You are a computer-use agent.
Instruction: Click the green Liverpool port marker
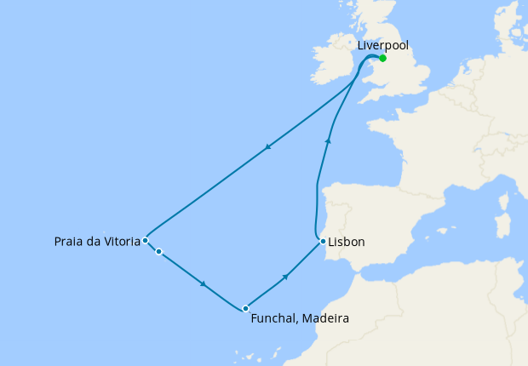383,58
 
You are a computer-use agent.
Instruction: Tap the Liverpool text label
382,44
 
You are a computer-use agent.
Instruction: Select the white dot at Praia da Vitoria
146,240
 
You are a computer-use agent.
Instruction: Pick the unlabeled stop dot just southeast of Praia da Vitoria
158,251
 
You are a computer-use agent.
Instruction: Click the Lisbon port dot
323,242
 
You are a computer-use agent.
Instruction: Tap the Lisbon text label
347,243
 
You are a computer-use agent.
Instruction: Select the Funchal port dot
245,308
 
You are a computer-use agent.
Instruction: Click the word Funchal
276,319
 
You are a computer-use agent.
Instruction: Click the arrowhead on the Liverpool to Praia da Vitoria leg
267,146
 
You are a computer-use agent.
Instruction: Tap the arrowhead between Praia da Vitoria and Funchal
204,283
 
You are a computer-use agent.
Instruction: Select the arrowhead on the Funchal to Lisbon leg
286,276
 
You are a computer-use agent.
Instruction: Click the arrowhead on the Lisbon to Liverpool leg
328,140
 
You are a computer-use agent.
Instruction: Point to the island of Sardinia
502,226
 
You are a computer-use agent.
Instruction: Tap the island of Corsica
504,201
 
